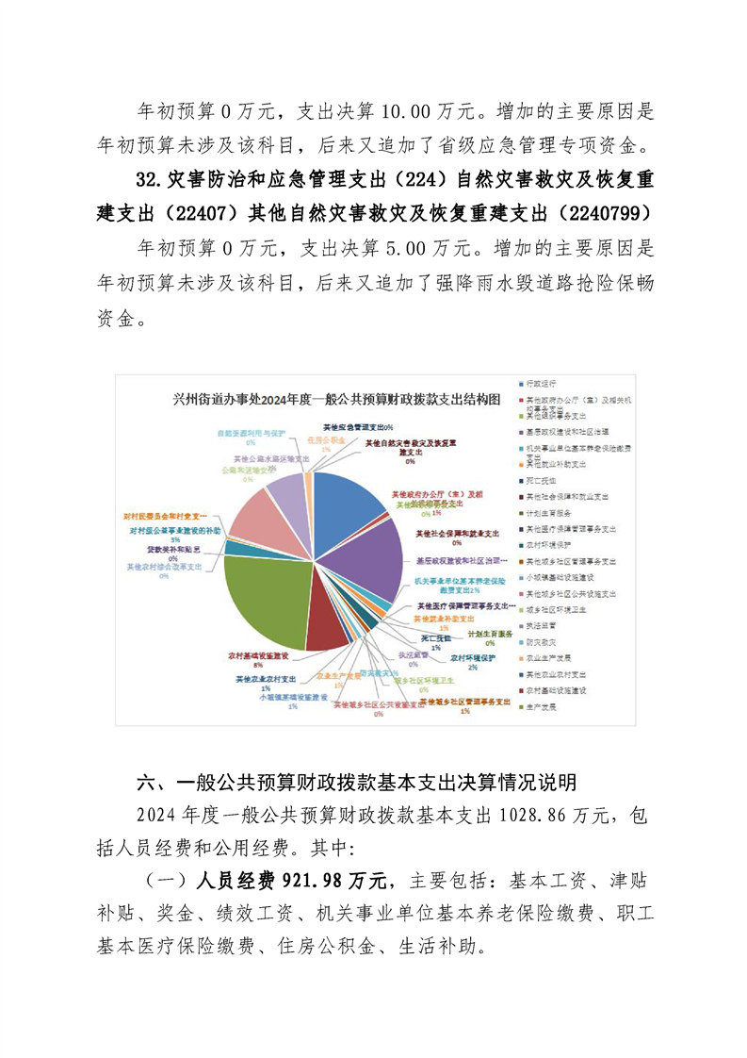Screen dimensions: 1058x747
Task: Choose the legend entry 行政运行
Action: point(544,385)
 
